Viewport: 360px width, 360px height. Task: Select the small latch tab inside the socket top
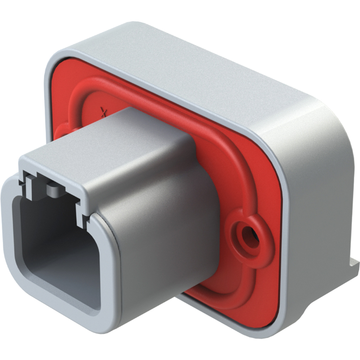pyautogui.click(x=52, y=188)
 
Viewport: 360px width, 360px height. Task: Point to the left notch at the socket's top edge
pyautogui.click(x=23, y=178)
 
